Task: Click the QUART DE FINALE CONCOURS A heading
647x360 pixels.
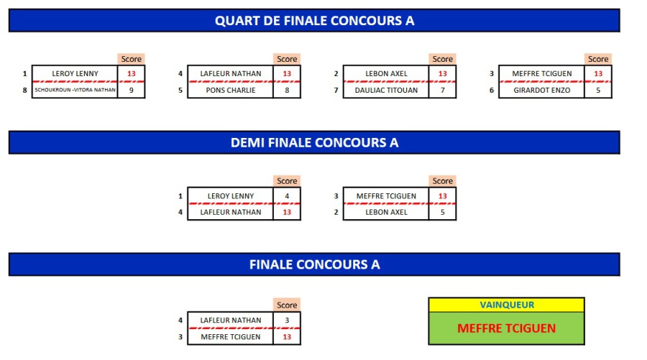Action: (314, 21)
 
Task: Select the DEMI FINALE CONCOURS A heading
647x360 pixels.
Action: (314, 142)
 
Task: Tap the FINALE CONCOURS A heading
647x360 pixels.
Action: (314, 264)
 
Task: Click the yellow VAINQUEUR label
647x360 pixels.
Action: (506, 305)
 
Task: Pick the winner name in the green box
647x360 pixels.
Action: (506, 328)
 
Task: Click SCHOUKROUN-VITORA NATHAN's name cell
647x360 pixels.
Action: (75, 90)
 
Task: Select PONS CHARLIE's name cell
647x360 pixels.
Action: (230, 90)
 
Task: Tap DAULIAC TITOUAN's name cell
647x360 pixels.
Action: (386, 90)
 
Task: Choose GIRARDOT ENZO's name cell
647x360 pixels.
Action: (541, 90)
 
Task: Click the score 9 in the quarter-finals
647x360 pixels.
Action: (131, 90)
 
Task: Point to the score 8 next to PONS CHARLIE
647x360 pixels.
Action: (286, 90)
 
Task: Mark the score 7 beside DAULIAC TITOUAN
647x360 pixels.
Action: (442, 90)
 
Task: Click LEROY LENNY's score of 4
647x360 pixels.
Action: (286, 195)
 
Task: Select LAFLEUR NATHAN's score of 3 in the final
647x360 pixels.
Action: (286, 320)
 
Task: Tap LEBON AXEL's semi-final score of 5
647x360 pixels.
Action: (442, 212)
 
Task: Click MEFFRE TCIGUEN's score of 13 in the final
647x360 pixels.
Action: (286, 336)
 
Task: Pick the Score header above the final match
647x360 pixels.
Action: (287, 305)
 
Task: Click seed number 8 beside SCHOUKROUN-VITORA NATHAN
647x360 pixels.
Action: (24, 90)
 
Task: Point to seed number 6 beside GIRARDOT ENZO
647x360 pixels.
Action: (491, 90)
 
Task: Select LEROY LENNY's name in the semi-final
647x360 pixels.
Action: (230, 195)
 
